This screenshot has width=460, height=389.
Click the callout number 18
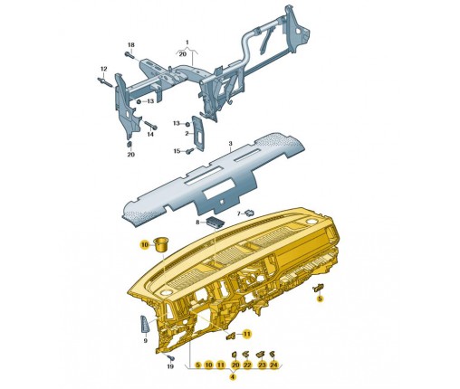(130, 45)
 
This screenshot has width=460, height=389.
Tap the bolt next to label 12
(104, 81)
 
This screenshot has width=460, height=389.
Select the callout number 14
(150, 134)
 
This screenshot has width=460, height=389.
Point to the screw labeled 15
(190, 150)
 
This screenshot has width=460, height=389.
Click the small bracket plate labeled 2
(198, 133)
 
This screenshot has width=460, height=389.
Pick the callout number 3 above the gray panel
(230, 144)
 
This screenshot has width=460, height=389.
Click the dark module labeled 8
(215, 222)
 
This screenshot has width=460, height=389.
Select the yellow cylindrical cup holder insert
(162, 244)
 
